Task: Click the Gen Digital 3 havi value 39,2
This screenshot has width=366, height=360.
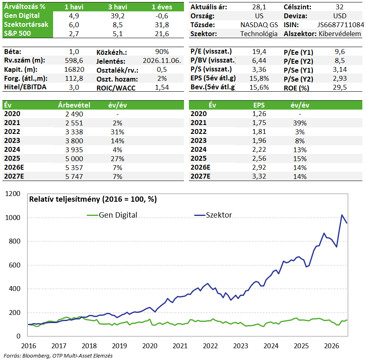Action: tap(118, 16)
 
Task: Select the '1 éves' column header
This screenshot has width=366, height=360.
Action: tap(162, 7)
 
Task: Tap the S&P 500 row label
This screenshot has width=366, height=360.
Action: tap(17, 33)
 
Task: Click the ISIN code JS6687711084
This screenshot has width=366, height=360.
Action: tap(340, 25)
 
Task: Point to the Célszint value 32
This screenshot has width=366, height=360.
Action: tap(340, 7)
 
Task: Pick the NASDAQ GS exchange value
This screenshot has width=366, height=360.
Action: tap(259, 25)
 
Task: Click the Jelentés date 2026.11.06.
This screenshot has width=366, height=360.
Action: tap(162, 60)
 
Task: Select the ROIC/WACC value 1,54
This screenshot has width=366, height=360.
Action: tap(162, 87)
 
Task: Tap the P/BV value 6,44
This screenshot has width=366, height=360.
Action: tap(259, 60)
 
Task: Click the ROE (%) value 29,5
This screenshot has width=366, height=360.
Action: tap(340, 87)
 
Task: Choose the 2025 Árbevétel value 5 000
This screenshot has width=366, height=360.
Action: tap(74, 159)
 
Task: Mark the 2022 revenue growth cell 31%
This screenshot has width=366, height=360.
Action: tap(118, 132)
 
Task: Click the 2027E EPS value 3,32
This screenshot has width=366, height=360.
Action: tap(259, 176)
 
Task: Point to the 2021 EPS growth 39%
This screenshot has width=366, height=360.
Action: tap(300, 123)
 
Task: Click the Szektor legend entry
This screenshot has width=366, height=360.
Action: tap(213, 215)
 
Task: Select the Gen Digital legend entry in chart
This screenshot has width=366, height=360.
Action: tap(112, 215)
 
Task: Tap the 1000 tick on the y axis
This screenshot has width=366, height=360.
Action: tap(13, 218)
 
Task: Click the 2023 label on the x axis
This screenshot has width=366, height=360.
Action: tap(241, 346)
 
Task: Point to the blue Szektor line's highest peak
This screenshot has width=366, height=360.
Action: tap(342, 215)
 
